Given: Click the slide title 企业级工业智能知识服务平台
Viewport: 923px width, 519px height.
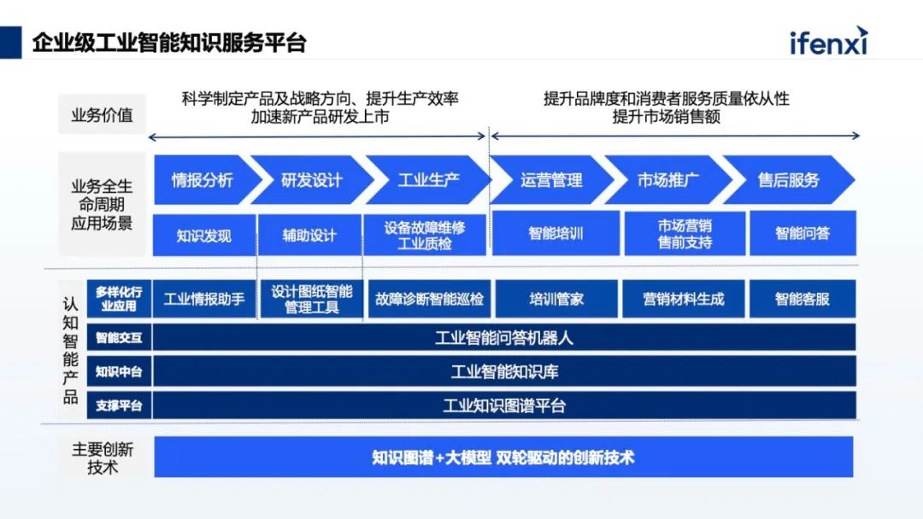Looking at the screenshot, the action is point(169,42).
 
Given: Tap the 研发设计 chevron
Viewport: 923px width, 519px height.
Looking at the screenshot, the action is point(312,179).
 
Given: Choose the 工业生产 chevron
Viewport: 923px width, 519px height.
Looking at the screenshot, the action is point(428,179).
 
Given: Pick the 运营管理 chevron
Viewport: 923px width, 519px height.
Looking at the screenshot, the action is point(551,179).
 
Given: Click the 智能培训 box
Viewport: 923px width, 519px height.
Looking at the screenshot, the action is point(556,232).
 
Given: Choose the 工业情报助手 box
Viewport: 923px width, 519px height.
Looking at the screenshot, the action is point(204,299).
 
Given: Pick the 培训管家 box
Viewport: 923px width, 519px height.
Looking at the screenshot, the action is point(556,299).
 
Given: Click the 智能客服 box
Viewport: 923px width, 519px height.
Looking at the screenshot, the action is point(802,299).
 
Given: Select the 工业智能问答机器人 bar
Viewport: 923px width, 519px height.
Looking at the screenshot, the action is point(504,337).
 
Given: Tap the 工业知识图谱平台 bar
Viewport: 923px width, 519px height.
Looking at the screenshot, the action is point(504,405).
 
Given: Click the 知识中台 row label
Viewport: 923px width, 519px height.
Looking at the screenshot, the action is point(119,371).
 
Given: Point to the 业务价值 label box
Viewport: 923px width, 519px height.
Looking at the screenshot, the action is point(102,114).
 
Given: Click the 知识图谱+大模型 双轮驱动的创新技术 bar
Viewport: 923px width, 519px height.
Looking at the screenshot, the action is point(503,457).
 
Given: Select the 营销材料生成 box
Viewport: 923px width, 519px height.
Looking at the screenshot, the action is point(683,299).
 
